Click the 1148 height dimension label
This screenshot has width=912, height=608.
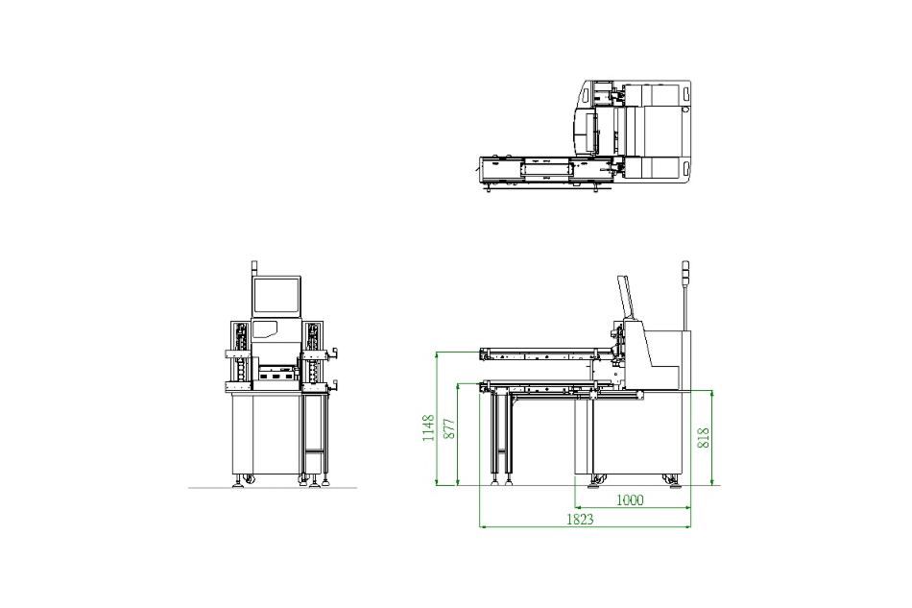(x=428, y=427)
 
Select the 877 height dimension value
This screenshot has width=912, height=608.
(x=449, y=428)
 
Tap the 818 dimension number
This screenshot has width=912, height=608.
(x=703, y=438)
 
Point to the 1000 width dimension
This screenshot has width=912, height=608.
(x=630, y=499)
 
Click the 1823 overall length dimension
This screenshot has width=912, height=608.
(x=580, y=519)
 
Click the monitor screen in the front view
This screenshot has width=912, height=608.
(x=276, y=296)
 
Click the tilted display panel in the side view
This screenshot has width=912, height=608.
(x=626, y=297)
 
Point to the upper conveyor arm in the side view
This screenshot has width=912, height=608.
(x=547, y=353)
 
